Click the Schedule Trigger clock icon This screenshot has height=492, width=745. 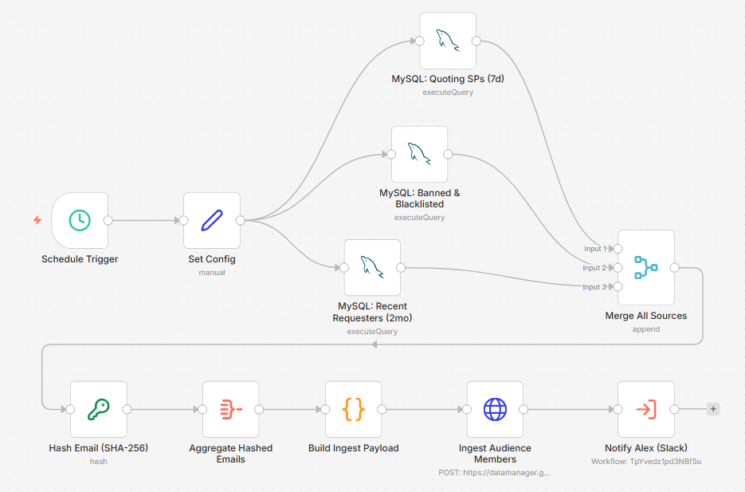[x=80, y=220]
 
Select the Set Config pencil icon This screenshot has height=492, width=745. [x=212, y=220]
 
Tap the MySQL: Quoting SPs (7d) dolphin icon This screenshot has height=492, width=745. [x=448, y=41]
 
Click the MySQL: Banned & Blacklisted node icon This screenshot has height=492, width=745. [x=419, y=154]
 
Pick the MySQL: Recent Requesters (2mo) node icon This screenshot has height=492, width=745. [x=372, y=267]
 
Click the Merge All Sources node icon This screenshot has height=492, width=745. [x=645, y=267]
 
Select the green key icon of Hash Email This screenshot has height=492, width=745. [x=98, y=409]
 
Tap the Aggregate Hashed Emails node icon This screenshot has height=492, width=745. [x=231, y=409]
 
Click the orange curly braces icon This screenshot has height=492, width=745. [x=354, y=409]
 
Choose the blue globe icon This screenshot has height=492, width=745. [x=495, y=409]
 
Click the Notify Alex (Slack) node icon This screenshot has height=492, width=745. [x=646, y=409]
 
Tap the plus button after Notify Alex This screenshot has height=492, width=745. [x=713, y=409]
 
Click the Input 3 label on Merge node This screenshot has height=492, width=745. [x=594, y=286]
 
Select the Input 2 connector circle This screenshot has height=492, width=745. [x=618, y=268]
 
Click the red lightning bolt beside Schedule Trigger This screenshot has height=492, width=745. [x=37, y=219]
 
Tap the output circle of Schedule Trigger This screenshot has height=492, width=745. [x=108, y=220]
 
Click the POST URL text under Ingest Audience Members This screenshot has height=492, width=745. [x=494, y=473]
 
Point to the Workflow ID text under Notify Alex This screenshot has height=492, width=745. [x=646, y=461]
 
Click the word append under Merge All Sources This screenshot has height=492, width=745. [x=646, y=329]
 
